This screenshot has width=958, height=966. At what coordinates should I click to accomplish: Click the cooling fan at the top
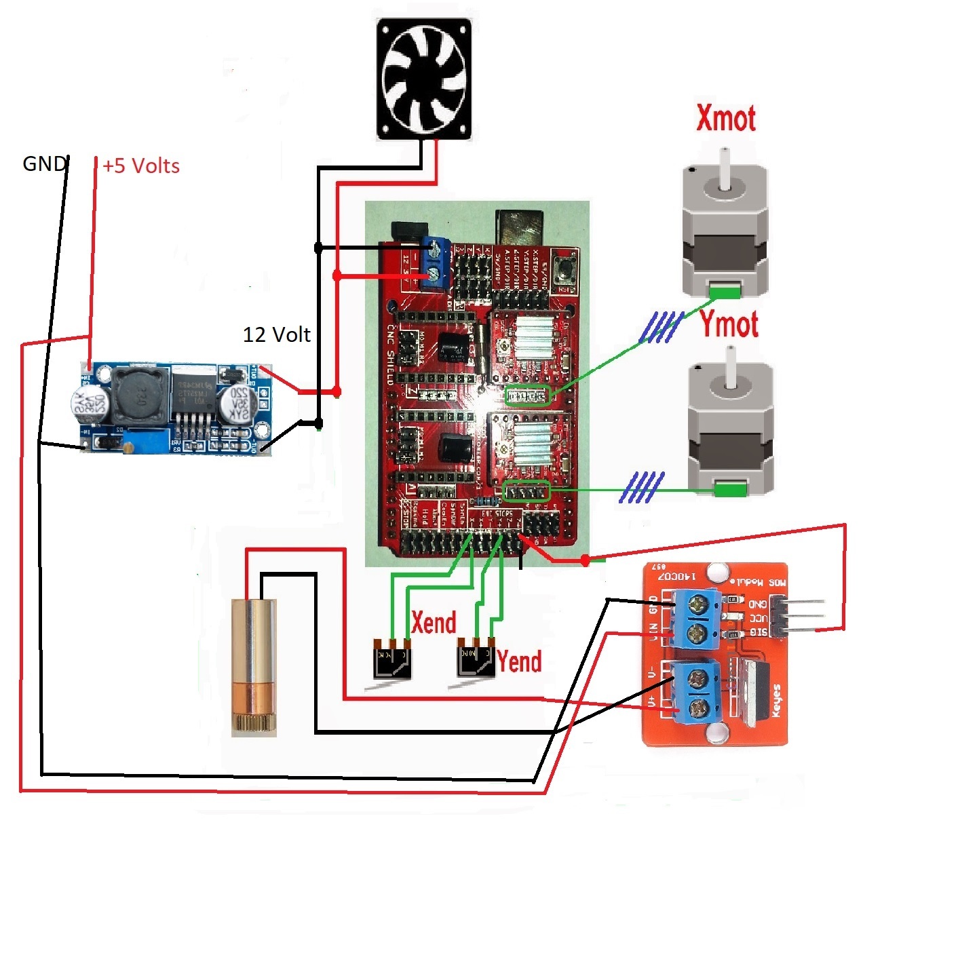point(424,79)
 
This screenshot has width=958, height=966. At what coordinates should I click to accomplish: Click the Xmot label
point(725,119)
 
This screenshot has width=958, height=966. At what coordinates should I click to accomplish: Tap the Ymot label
point(729,324)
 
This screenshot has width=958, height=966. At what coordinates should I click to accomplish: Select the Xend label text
point(434,622)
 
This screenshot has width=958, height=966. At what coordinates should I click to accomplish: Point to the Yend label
point(519,661)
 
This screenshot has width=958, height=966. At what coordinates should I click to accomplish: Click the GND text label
point(44,164)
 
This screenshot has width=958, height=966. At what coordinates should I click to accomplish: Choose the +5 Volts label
point(141,166)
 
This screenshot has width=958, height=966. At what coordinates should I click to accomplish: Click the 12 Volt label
point(277,334)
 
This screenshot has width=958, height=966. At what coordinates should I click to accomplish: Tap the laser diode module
point(254,668)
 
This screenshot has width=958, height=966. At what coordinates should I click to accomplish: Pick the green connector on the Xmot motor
point(724,292)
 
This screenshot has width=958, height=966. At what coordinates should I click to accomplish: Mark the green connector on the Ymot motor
point(730,488)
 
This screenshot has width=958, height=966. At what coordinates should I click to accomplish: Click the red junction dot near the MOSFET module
point(585,560)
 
